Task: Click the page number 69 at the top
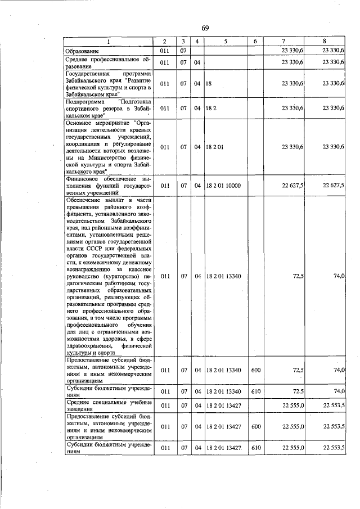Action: coord(205,29)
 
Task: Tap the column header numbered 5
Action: coord(224,42)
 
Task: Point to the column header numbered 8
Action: coord(325,42)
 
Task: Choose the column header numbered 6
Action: coord(256,42)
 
